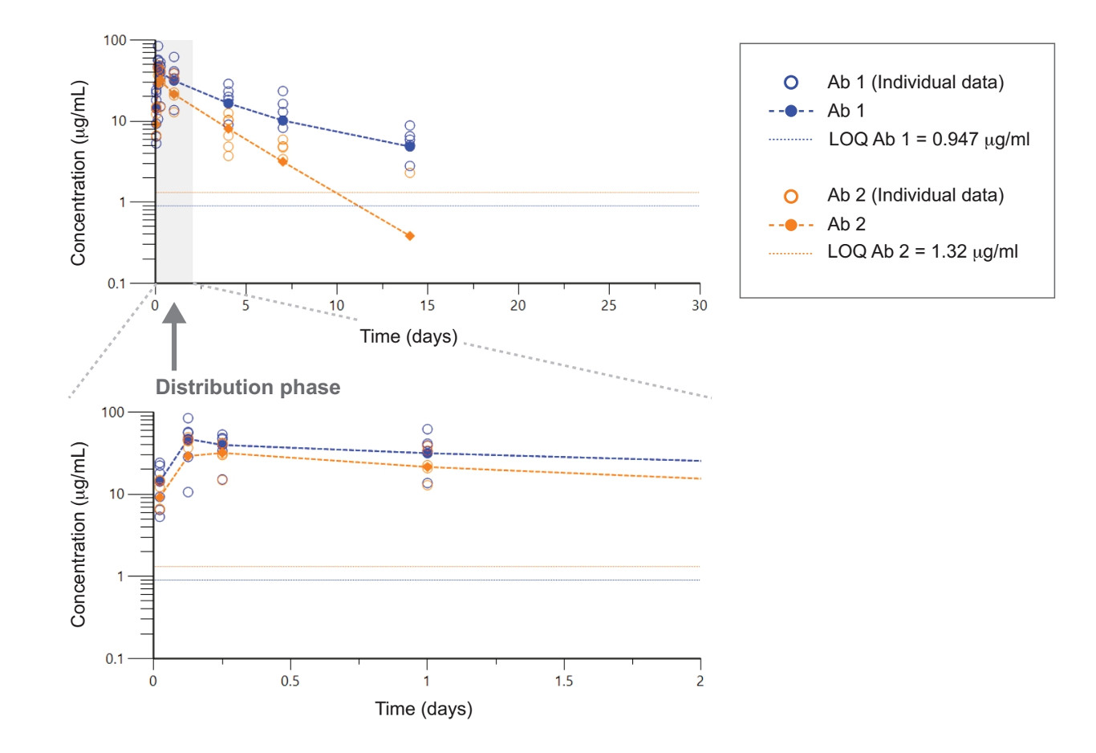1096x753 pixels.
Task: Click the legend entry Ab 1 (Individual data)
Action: coord(915,82)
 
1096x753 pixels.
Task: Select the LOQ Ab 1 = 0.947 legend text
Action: coord(928,139)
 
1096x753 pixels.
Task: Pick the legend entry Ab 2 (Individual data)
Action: coord(915,195)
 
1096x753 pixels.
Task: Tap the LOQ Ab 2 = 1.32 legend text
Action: coord(922,251)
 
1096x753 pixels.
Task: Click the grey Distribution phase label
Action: coord(248,387)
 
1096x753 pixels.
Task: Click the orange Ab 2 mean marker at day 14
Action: coord(410,236)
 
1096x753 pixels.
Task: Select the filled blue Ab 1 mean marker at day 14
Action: coord(410,146)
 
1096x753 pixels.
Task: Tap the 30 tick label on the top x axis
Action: coord(700,305)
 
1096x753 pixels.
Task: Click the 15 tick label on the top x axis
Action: coord(427,305)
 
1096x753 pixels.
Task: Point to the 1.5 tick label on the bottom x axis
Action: coord(563,681)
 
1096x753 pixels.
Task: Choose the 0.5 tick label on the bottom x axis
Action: coord(290,681)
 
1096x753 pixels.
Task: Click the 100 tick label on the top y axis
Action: coord(116,40)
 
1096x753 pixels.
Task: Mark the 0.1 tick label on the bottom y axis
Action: coord(116,659)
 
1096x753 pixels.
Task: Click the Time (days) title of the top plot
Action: coord(408,336)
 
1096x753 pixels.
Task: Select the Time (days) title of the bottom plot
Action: coord(424,709)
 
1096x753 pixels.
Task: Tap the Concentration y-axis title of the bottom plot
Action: coord(78,534)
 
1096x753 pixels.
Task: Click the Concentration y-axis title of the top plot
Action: coord(78,173)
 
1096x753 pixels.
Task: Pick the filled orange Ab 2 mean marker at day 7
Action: coord(282,161)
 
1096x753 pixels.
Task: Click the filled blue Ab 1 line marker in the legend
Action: coord(791,111)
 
